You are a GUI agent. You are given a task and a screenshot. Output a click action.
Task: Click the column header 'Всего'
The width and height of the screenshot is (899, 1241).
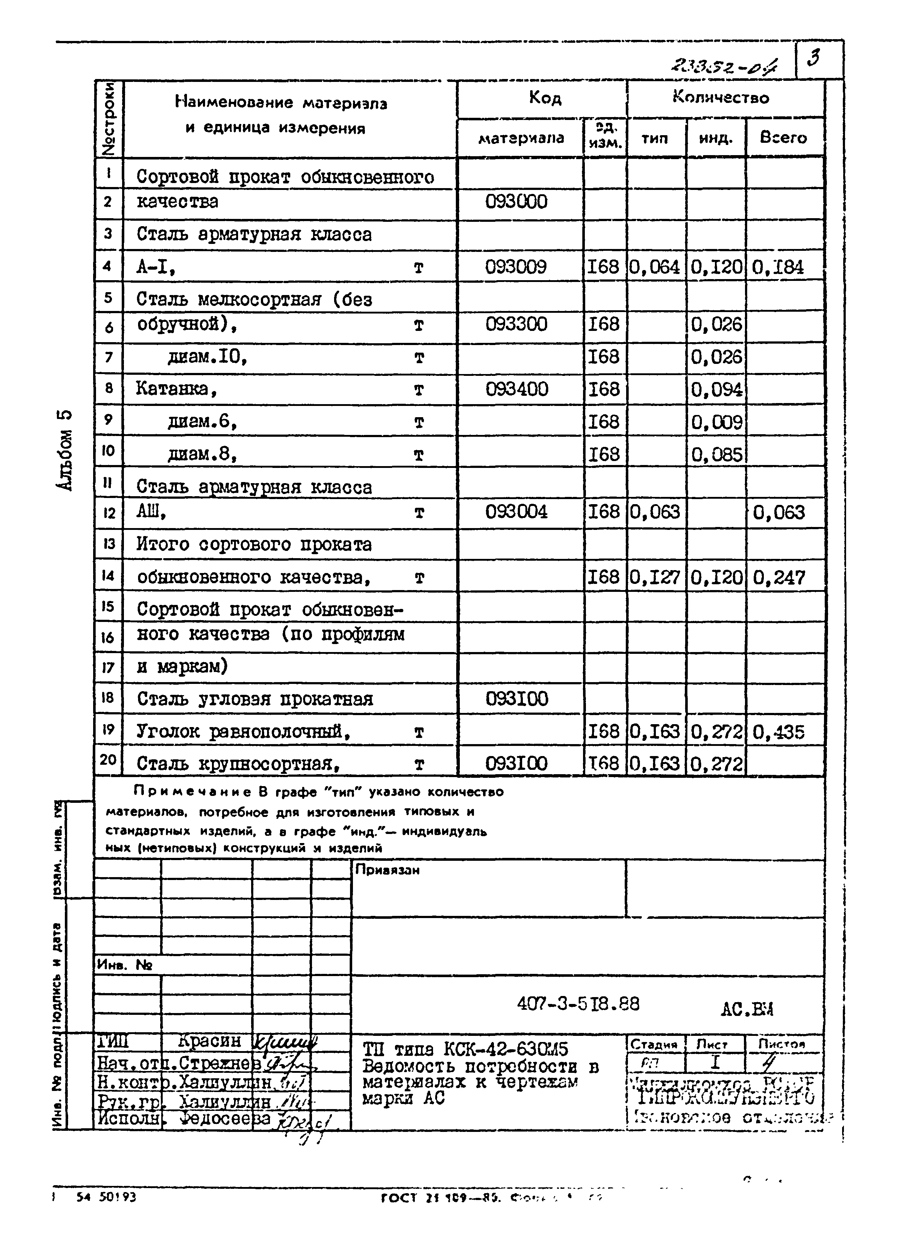point(783,137)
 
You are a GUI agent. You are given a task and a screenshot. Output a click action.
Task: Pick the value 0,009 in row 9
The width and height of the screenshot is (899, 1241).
point(716,422)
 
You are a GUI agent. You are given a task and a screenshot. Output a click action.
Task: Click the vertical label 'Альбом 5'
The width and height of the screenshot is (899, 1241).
point(64,450)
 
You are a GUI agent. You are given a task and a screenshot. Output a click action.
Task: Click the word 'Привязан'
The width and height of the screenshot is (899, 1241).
point(387,870)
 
